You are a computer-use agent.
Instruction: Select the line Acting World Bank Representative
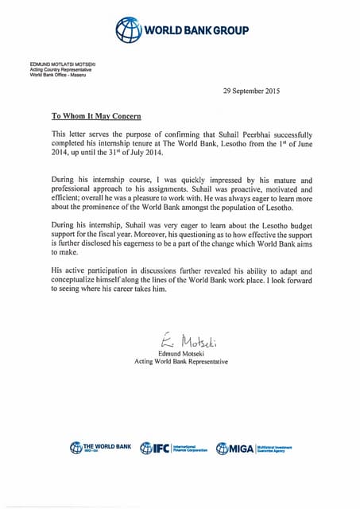181,363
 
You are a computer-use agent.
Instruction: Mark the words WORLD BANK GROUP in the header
195,31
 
